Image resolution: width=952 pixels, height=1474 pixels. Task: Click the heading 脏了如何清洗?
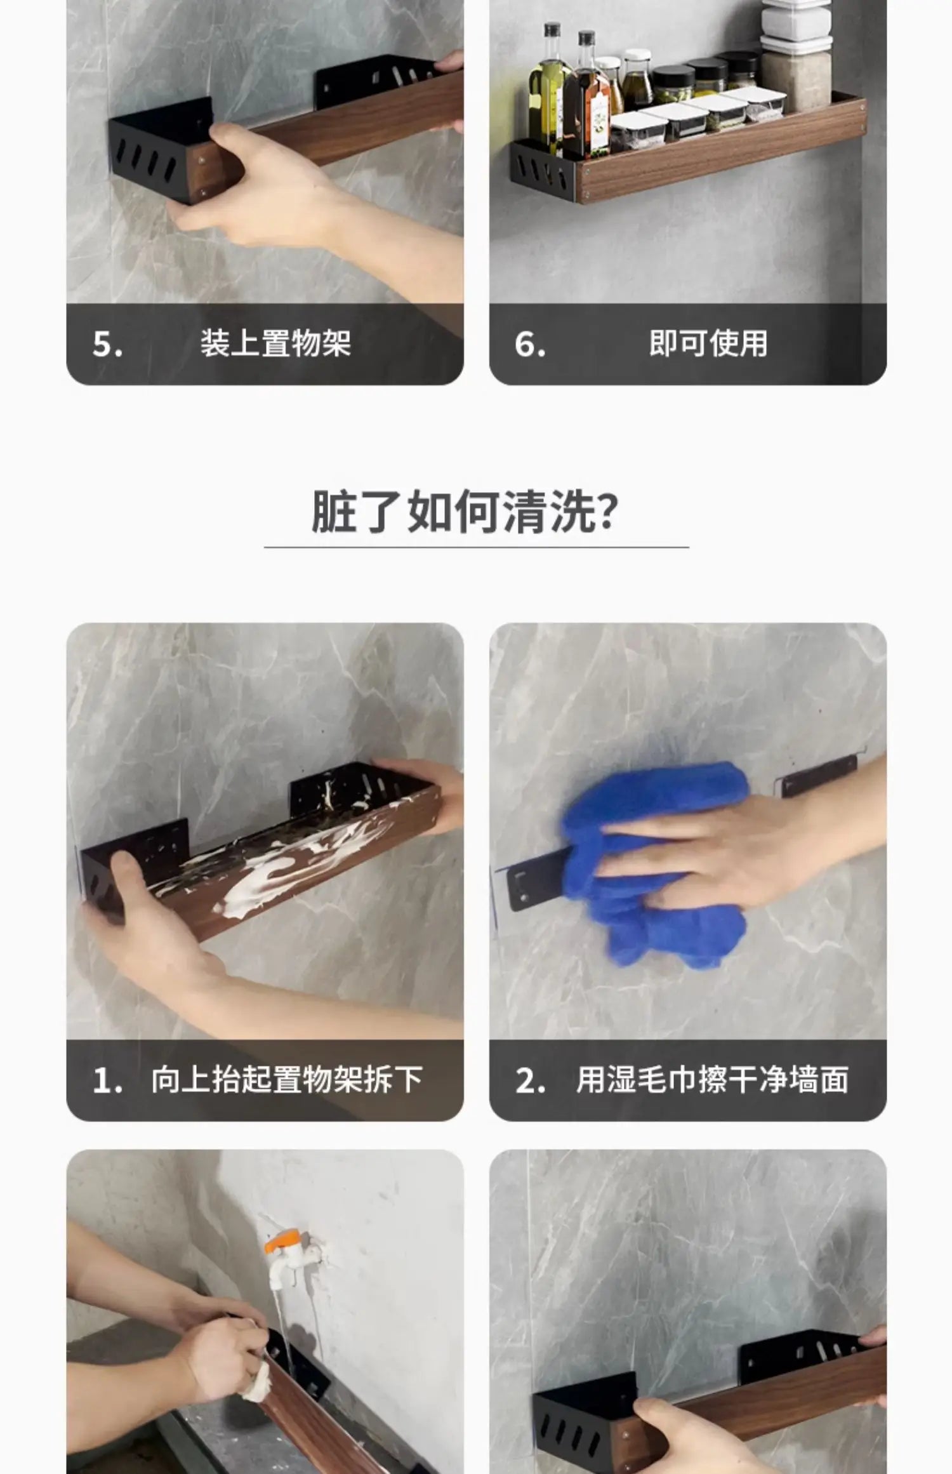pyautogui.click(x=464, y=512)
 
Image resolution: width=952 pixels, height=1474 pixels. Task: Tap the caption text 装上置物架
pyautogui.click(x=275, y=343)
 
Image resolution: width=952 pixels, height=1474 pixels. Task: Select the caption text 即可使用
pyautogui.click(x=708, y=343)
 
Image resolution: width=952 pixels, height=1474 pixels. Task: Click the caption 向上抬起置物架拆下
pyautogui.click(x=287, y=1079)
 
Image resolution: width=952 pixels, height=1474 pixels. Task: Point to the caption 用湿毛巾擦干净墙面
pyautogui.click(x=712, y=1079)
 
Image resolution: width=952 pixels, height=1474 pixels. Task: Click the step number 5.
pyautogui.click(x=107, y=345)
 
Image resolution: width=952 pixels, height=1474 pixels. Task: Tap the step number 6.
pyautogui.click(x=530, y=345)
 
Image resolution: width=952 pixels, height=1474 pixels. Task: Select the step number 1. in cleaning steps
pyautogui.click(x=107, y=1080)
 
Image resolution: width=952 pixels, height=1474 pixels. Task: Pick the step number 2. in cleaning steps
pyautogui.click(x=531, y=1080)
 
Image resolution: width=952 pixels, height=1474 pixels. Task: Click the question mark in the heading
pyautogui.click(x=607, y=512)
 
